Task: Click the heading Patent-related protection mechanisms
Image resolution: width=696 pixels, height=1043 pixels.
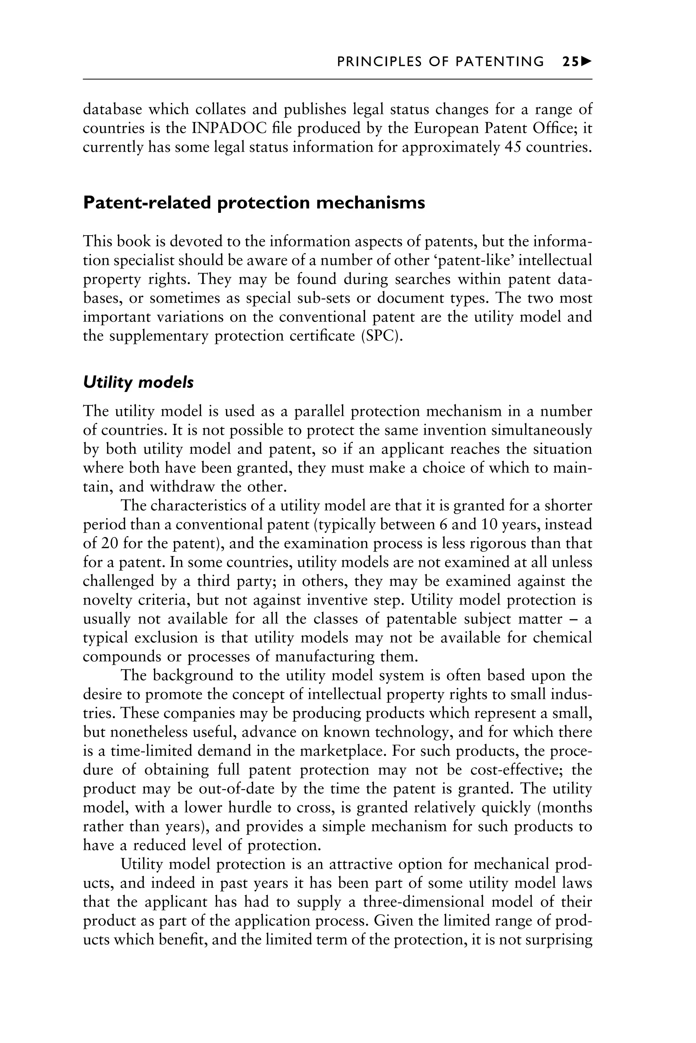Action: pos(254,203)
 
